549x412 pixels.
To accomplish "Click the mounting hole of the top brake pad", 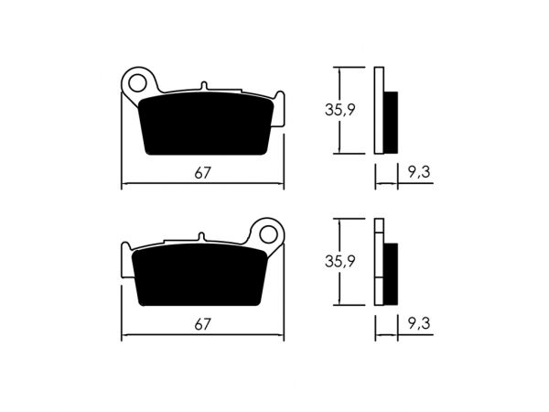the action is click(x=137, y=83).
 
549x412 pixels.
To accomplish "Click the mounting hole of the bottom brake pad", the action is click(x=268, y=234).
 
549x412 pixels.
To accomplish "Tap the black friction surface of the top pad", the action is click(x=207, y=124).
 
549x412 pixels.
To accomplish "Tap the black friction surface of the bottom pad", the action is click(x=199, y=275).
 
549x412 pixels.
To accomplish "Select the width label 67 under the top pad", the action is click(x=203, y=173).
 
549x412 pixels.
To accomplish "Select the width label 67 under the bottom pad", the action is click(x=203, y=325).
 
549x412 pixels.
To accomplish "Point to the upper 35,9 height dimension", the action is click(x=340, y=110).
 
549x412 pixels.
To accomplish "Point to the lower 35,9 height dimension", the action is click(x=340, y=261).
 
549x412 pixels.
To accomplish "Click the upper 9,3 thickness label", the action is click(x=419, y=172).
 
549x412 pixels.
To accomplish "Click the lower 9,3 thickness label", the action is click(x=419, y=324).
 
